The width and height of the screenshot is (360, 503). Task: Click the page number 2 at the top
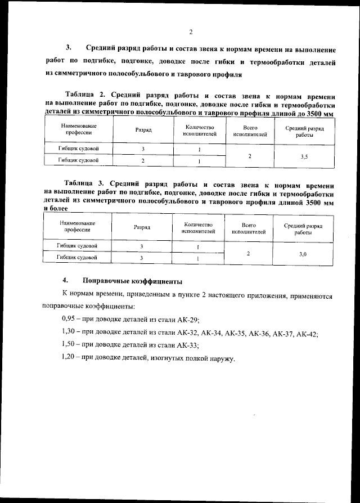(191, 32)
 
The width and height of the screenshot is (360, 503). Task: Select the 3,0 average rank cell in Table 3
(303, 254)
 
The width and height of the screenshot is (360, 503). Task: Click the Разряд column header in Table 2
(143, 131)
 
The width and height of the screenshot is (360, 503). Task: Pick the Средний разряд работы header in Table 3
(303, 228)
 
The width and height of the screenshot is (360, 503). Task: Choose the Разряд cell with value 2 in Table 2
(143, 161)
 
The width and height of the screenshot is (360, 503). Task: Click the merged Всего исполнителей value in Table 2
(249, 156)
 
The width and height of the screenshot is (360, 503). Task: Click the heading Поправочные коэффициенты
(132, 280)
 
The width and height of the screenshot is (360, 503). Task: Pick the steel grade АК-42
(307, 333)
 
